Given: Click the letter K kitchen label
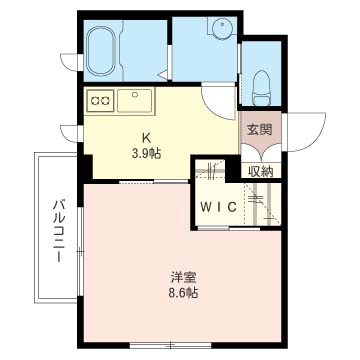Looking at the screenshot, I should [x=147, y=139].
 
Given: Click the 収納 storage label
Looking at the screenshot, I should [x=262, y=169].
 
